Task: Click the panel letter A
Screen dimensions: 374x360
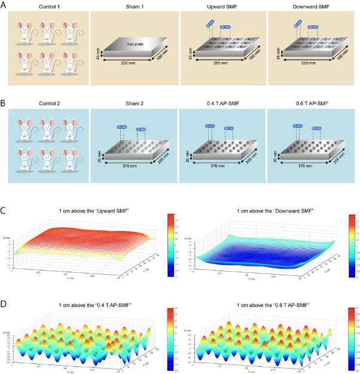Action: pyautogui.click(x=5, y=4)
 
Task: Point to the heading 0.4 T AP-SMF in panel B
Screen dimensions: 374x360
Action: pyautogui.click(x=223, y=111)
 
